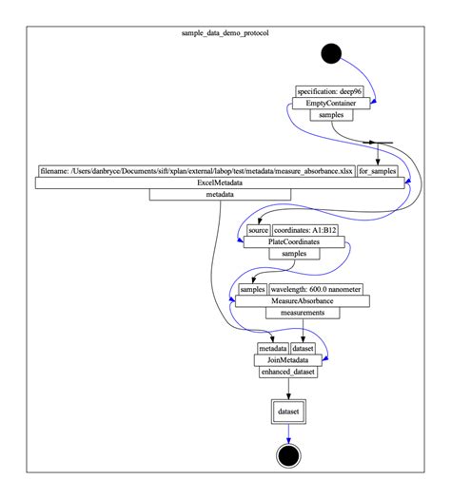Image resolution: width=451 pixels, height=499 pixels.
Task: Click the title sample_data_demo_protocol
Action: click(x=225, y=32)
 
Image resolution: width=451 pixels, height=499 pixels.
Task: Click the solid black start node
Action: click(x=331, y=53)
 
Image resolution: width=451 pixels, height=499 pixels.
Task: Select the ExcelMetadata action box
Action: click(x=220, y=182)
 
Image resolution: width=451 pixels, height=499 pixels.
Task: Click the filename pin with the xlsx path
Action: click(x=195, y=171)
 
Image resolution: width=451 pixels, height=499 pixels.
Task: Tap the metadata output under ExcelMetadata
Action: click(x=220, y=195)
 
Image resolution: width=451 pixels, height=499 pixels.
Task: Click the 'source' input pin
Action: click(x=258, y=230)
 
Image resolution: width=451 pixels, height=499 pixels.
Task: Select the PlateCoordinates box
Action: click(x=292, y=242)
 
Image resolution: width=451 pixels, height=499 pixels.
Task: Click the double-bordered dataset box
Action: click(x=288, y=411)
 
